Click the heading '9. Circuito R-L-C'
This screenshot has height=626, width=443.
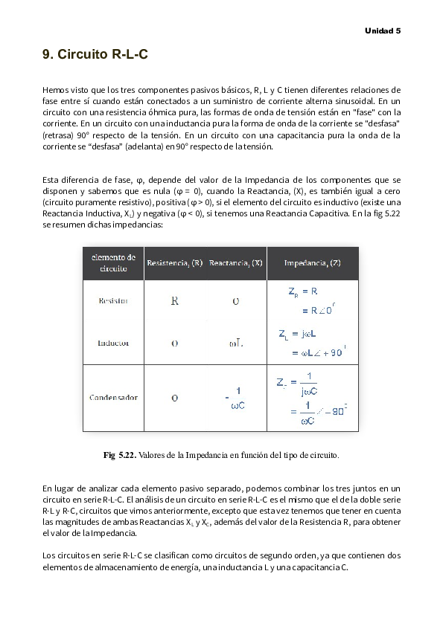(95, 54)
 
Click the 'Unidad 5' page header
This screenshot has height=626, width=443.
(382, 30)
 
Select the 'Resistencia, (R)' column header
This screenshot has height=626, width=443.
(174, 263)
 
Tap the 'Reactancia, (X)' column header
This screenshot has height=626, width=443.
(235, 263)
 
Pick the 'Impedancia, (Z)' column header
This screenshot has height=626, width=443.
(313, 263)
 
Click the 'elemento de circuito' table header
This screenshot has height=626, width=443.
(113, 263)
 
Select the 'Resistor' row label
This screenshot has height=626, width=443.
(113, 301)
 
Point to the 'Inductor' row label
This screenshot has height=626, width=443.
(113, 343)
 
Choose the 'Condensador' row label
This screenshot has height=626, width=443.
(113, 398)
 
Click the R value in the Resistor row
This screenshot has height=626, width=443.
(174, 301)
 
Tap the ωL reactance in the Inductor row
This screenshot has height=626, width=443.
(235, 343)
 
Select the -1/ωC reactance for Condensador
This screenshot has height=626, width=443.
(235, 398)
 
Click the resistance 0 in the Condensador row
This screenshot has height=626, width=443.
(174, 398)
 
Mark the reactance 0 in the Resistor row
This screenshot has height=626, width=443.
(235, 301)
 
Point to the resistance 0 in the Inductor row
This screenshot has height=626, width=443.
(174, 343)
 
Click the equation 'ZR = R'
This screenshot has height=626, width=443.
(303, 292)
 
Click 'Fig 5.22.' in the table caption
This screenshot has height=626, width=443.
(119, 454)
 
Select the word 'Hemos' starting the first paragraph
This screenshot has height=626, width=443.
(55, 90)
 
